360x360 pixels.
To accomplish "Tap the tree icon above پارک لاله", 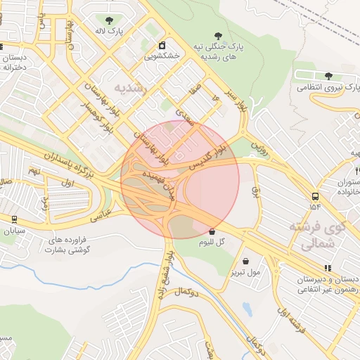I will tap(108, 21).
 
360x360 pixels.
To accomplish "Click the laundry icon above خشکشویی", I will tap(162, 45).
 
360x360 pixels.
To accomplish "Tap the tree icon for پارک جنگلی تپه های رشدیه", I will tap(218, 35).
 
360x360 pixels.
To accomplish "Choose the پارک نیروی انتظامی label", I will tap(319, 88).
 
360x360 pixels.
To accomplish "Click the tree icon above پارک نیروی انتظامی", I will tap(328, 76).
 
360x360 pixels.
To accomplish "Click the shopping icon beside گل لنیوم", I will tap(212, 231).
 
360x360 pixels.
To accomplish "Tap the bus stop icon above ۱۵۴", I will tap(314, 196).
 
